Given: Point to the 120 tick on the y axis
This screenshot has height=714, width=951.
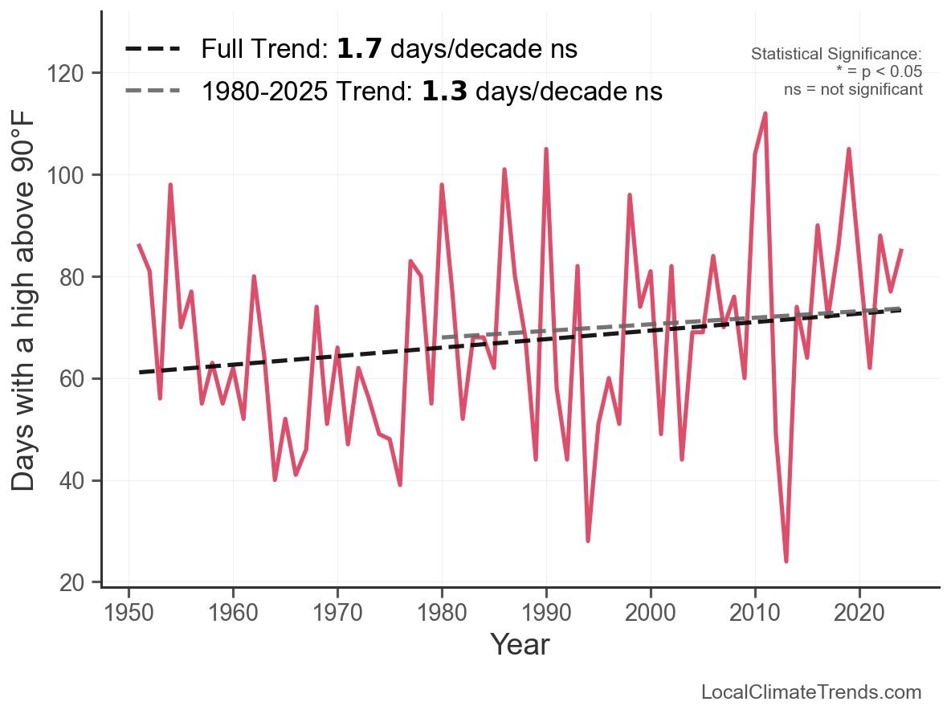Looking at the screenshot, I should click(74, 73).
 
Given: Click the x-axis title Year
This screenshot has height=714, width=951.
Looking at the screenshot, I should click(520, 644).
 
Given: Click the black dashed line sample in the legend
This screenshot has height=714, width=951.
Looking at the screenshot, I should click(153, 50).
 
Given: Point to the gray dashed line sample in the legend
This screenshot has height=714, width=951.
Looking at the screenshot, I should click(153, 92).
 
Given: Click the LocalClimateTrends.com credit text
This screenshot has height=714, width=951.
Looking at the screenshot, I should click(811, 692).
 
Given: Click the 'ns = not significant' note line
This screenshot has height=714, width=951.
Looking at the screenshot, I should click(853, 89).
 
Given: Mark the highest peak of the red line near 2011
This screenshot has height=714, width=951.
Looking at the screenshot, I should click(765, 113).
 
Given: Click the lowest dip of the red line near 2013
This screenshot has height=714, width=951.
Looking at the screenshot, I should click(786, 561).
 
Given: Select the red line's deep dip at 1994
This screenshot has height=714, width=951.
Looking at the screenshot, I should click(588, 541).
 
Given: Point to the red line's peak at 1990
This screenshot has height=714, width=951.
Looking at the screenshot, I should click(546, 149).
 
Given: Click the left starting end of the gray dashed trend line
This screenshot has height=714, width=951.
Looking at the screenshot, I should click(443, 337).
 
